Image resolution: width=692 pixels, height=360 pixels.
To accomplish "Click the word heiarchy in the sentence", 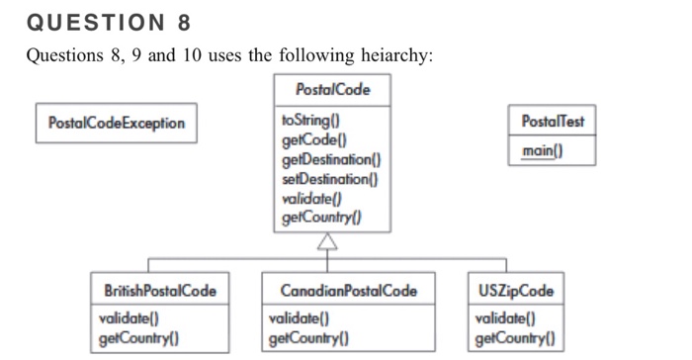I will pos(392,55).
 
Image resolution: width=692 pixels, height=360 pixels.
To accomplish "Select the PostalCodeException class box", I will pos(116,123).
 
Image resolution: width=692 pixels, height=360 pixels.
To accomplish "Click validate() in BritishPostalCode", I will pos(130,318).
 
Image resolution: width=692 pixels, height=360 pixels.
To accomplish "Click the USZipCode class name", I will pos(515,291).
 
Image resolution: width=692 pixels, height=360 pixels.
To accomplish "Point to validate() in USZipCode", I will pos(504,318).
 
